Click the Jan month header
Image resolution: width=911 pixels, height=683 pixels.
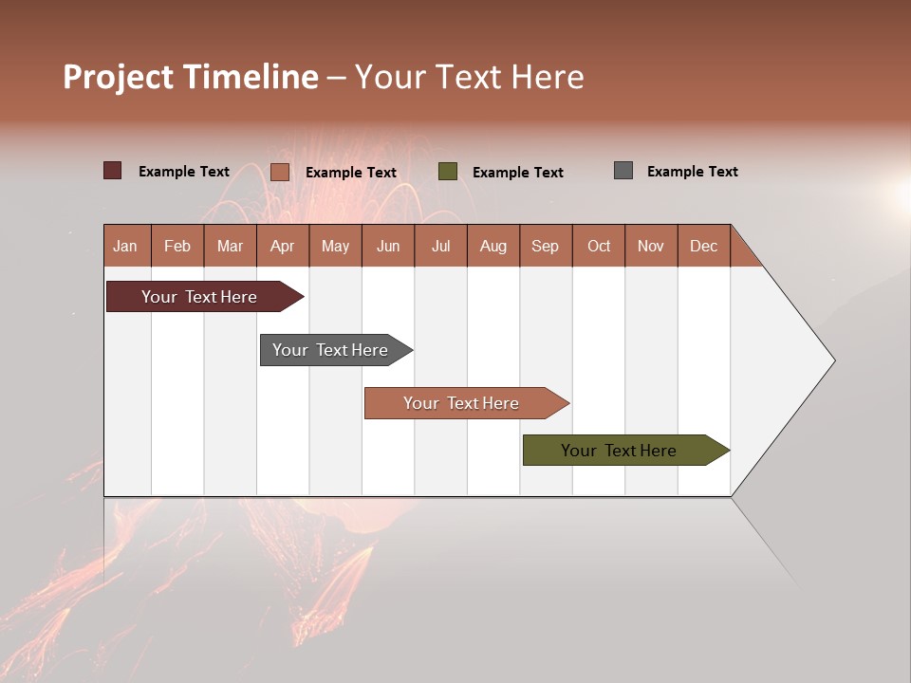[126, 246]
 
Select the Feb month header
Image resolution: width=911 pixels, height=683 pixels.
[177, 246]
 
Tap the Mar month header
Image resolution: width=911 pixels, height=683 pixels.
[230, 246]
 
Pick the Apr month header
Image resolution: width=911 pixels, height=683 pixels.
[283, 246]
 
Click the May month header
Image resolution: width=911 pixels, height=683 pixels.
[335, 246]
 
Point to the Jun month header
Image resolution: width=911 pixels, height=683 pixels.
[388, 246]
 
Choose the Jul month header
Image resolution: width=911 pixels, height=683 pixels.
[440, 246]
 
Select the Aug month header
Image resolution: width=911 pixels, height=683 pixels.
[493, 246]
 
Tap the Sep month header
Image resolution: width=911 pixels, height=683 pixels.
[546, 246]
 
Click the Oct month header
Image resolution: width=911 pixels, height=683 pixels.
[599, 246]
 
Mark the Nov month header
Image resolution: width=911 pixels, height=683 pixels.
[651, 246]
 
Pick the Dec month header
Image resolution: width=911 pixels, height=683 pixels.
[704, 246]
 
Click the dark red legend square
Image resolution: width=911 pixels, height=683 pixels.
[113, 171]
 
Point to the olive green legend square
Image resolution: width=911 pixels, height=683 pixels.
[448, 171]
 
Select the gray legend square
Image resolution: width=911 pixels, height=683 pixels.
[623, 171]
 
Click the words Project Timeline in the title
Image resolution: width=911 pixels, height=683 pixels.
[191, 77]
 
